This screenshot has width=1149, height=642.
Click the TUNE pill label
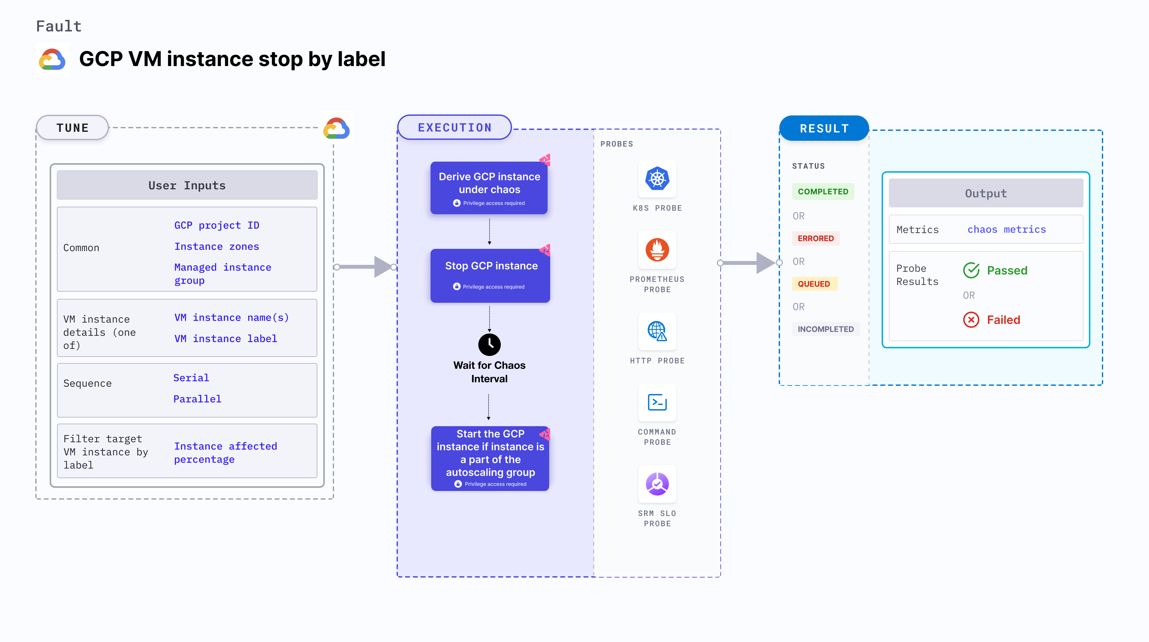point(72,128)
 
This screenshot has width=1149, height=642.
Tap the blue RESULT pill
point(824,129)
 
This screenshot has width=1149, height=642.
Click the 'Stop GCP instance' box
point(490,275)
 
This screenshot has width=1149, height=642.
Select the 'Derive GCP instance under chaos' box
point(489,187)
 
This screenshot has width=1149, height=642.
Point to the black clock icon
point(489,344)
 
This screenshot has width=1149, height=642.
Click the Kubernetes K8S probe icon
point(657,179)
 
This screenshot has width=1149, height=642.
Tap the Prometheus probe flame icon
point(657,250)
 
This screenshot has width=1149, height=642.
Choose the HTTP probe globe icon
point(657,332)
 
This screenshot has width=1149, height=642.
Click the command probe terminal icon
point(657,402)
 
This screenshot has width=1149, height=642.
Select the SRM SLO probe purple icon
point(657,484)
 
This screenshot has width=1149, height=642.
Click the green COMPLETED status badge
point(823,191)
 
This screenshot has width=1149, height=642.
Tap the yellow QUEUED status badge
point(814,284)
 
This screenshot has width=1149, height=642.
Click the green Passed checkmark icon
point(971,270)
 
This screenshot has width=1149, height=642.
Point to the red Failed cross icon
point(971,320)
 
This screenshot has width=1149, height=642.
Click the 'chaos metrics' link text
point(1006,229)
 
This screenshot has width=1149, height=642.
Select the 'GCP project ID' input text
point(217,225)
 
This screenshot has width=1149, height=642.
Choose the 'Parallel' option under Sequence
point(197,399)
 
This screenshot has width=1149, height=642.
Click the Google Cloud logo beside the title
point(52,59)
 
